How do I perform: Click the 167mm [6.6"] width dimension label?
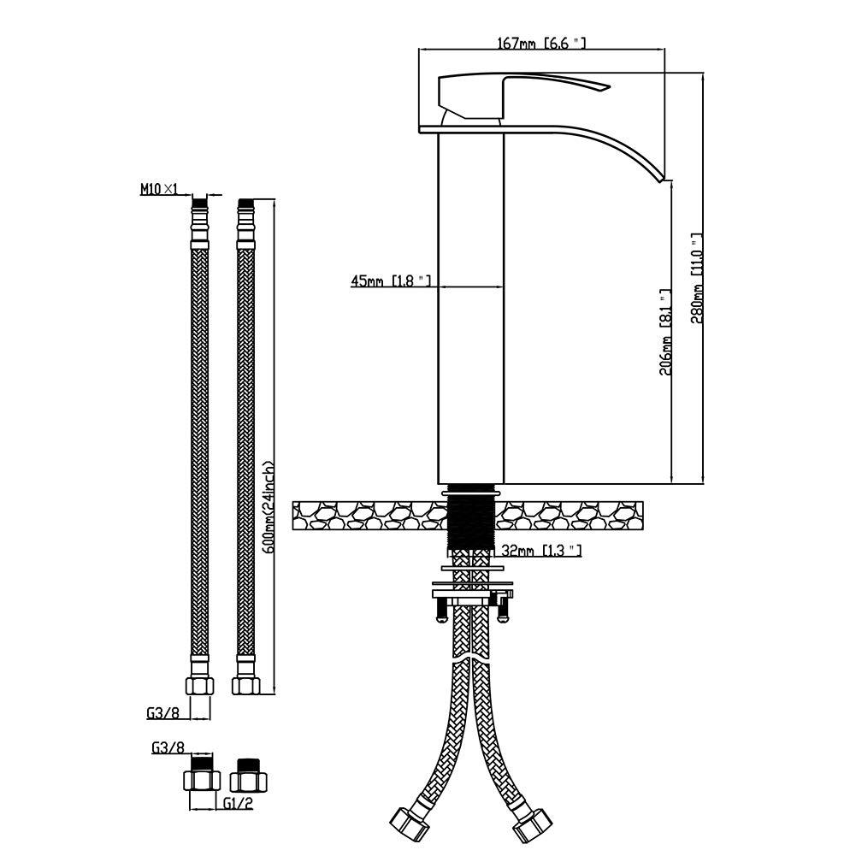(541, 43)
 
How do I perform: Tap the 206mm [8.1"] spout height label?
(665, 332)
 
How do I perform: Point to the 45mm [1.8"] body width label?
(391, 281)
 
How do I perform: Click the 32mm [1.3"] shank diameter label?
(541, 551)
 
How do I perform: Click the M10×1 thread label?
(159, 189)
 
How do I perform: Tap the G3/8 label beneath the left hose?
(162, 713)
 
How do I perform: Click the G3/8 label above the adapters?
(168, 747)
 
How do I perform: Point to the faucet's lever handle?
(523, 94)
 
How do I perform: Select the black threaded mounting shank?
(471, 518)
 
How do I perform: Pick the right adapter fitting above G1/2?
(248, 776)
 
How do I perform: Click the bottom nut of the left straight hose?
(200, 685)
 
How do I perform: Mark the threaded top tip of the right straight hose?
(246, 204)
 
